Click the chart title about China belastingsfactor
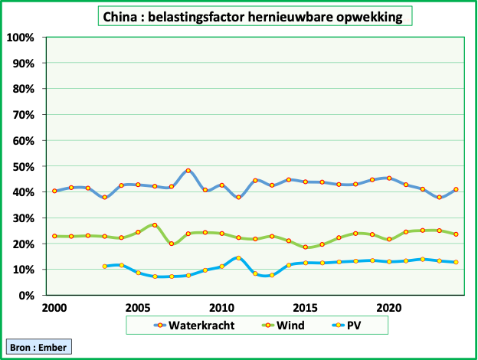click(x=252, y=17)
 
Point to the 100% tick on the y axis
click(x=21, y=38)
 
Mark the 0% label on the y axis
click(x=26, y=296)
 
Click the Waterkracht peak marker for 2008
click(x=188, y=171)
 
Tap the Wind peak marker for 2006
click(x=155, y=225)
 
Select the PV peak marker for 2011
click(x=238, y=258)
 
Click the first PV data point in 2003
click(x=105, y=267)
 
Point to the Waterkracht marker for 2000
click(x=54, y=191)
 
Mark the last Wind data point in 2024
click(x=456, y=234)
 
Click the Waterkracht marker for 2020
click(x=389, y=178)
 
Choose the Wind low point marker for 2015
click(x=306, y=247)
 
